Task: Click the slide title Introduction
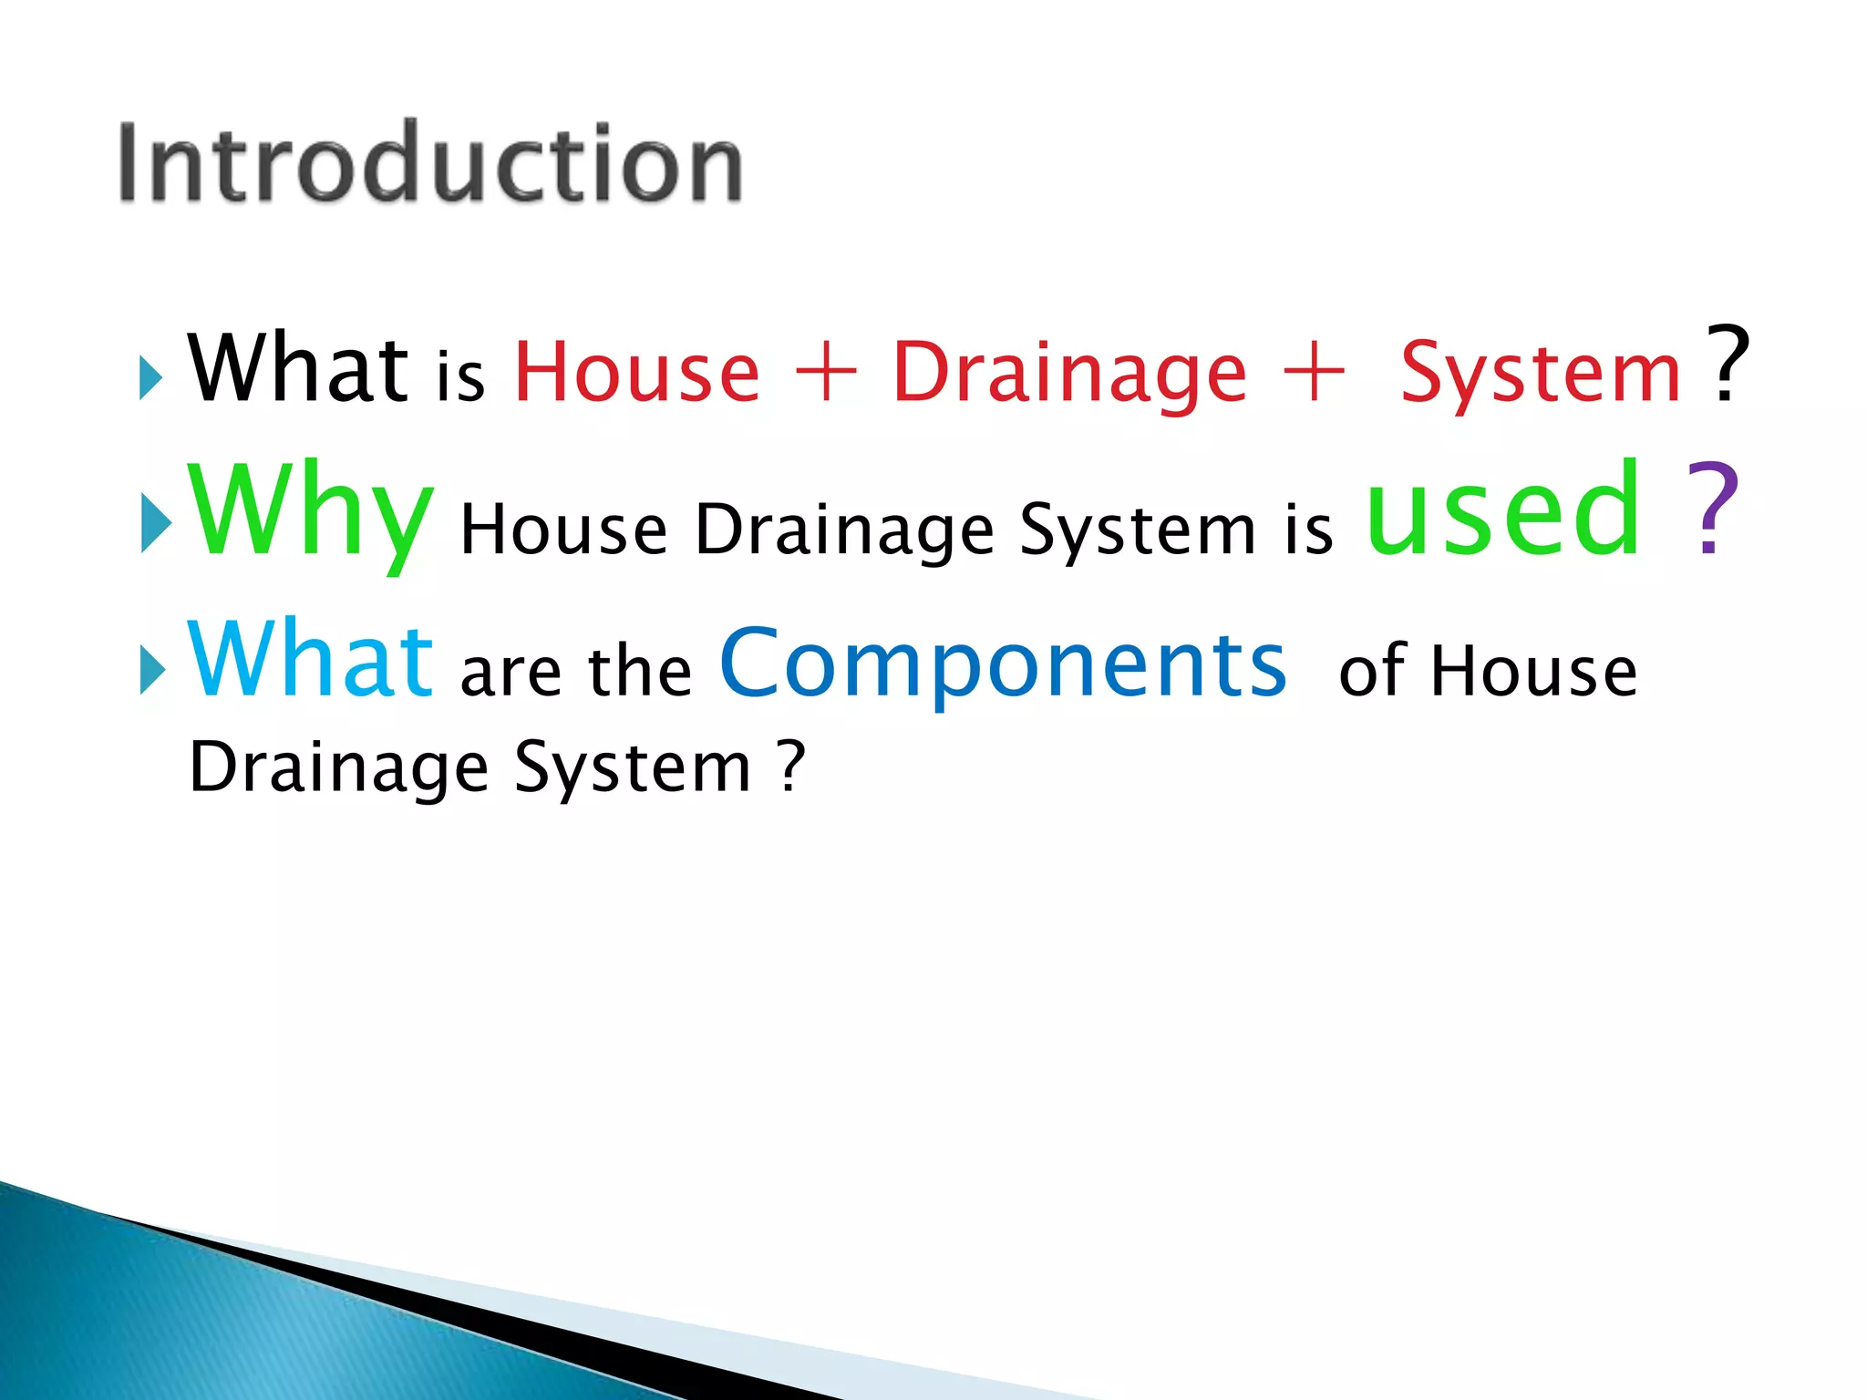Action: (430, 164)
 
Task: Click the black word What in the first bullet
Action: (297, 368)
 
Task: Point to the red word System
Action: (1540, 374)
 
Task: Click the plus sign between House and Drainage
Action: (826, 372)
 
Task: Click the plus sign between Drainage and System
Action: (1313, 372)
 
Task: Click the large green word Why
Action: (310, 512)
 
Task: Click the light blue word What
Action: (310, 660)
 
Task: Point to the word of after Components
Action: (1373, 673)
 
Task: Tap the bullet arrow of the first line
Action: (150, 377)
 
